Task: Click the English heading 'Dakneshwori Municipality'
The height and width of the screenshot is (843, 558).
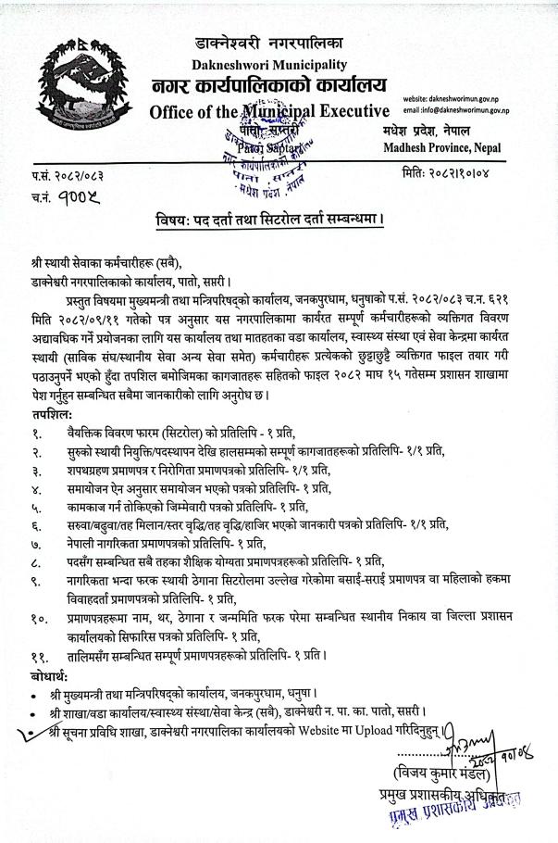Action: (269, 65)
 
